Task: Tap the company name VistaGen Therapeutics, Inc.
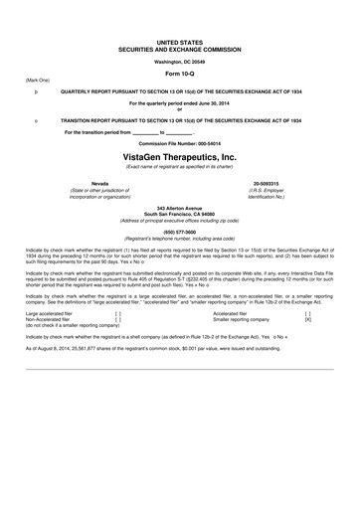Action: pos(181,157)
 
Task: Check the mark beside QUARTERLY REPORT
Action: pos(36,90)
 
